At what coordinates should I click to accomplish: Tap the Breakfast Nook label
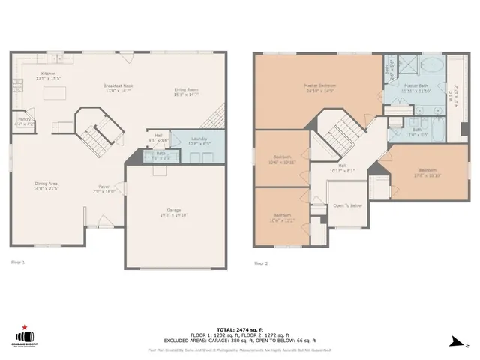(118, 86)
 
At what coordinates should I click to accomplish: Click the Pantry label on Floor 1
(24, 119)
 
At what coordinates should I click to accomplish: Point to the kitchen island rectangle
(55, 93)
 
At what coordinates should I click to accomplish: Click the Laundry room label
(199, 139)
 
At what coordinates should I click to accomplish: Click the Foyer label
(104, 187)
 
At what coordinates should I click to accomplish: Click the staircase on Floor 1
(95, 136)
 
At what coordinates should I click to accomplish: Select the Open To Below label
(348, 205)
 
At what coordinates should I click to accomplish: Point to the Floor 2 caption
(261, 263)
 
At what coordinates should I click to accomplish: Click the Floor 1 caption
(18, 262)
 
